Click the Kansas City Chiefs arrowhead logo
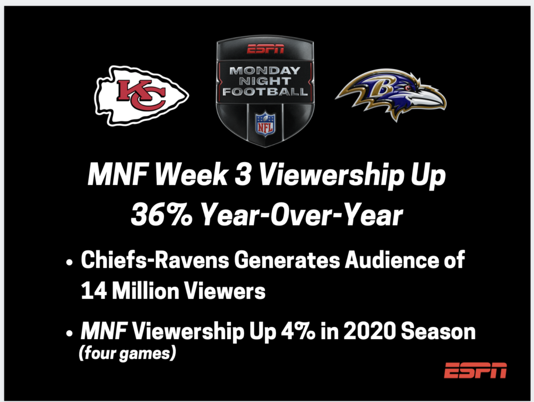(141, 95)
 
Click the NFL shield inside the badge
(265, 124)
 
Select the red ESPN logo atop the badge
(265, 49)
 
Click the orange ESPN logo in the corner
(476, 370)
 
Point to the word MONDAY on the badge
(265, 71)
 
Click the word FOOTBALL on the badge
(265, 91)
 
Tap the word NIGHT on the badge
(265, 81)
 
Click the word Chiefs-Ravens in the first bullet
(155, 260)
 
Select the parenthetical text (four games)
(127, 353)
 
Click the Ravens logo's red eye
(408, 87)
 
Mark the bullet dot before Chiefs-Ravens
(70, 263)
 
